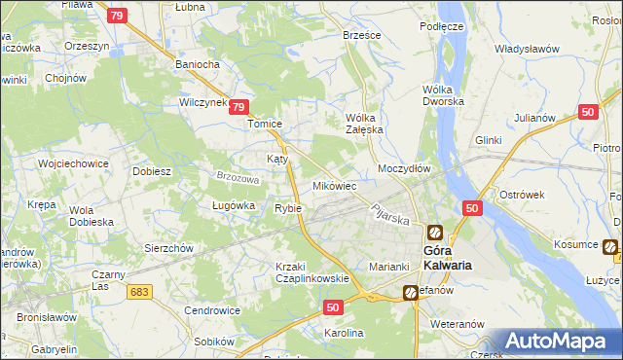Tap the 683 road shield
(140, 291)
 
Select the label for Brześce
(361, 34)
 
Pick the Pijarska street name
(388, 213)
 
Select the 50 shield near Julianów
(586, 112)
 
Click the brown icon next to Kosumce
(609, 247)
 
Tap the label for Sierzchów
(169, 248)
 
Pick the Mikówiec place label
(334, 185)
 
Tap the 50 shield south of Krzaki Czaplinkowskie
(332, 306)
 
